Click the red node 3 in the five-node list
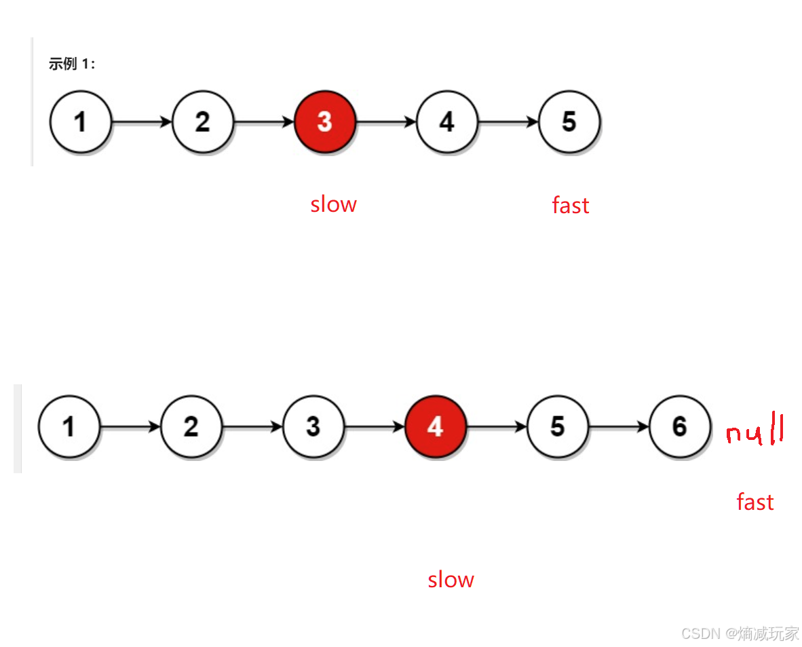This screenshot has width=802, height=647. coord(325,122)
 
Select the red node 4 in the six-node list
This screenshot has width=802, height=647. coord(436,426)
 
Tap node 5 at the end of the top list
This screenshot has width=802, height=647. coord(569,122)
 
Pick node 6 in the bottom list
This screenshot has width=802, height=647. coord(680,426)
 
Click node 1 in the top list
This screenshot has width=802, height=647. coord(80,122)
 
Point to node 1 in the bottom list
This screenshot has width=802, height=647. coord(69,426)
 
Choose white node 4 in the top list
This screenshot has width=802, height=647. coord(447,122)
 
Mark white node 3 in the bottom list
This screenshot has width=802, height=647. coord(313,426)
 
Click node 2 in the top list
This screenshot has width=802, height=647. coord(203,122)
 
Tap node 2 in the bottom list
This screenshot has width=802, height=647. coord(191,426)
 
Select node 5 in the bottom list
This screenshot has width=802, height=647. coord(558,426)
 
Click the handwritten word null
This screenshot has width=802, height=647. coord(755,430)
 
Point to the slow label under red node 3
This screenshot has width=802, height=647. coord(333,204)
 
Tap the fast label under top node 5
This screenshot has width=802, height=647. coord(571,205)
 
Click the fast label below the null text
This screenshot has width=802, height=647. coord(755,502)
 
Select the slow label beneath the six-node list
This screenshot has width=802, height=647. coord(451,579)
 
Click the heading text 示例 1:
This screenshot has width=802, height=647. coord(72,64)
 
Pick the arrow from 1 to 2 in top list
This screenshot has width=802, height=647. coord(142,122)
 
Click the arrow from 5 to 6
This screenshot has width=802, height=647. coord(619,426)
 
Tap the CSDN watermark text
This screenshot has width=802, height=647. coord(740,633)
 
